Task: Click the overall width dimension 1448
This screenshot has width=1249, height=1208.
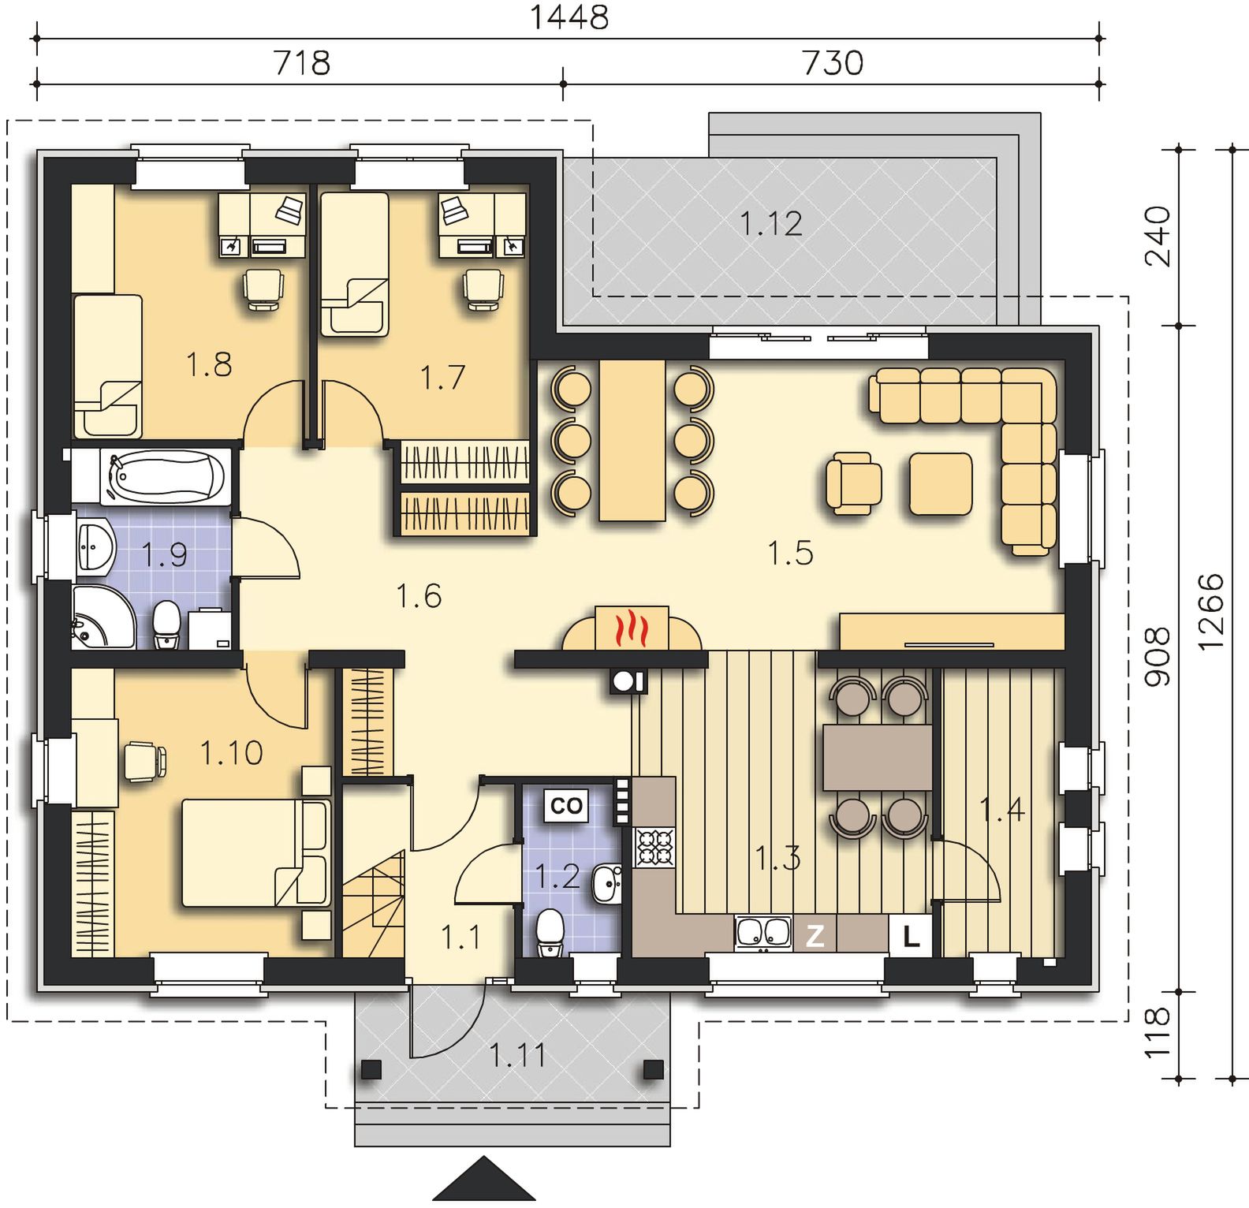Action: pos(569,17)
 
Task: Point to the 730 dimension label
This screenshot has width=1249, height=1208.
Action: pos(833,63)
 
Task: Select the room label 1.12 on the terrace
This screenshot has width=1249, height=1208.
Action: pos(771,224)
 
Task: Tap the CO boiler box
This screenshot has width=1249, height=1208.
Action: pos(566,805)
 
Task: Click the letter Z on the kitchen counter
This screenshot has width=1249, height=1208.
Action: pos(815,936)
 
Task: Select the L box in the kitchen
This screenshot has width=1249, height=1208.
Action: pos(911,937)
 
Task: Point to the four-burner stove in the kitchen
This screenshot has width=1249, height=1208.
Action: pos(655,847)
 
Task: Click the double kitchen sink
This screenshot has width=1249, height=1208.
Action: pos(762,933)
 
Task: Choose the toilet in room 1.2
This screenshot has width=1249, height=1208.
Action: pos(549,934)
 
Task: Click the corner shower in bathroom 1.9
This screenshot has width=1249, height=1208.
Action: pos(103,617)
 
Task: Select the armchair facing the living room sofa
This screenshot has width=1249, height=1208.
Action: pos(853,482)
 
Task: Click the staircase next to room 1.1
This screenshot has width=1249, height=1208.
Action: pos(373,904)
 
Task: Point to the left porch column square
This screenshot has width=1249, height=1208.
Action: pos(371,1069)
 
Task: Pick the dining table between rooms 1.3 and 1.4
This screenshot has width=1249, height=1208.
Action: pos(878,757)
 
